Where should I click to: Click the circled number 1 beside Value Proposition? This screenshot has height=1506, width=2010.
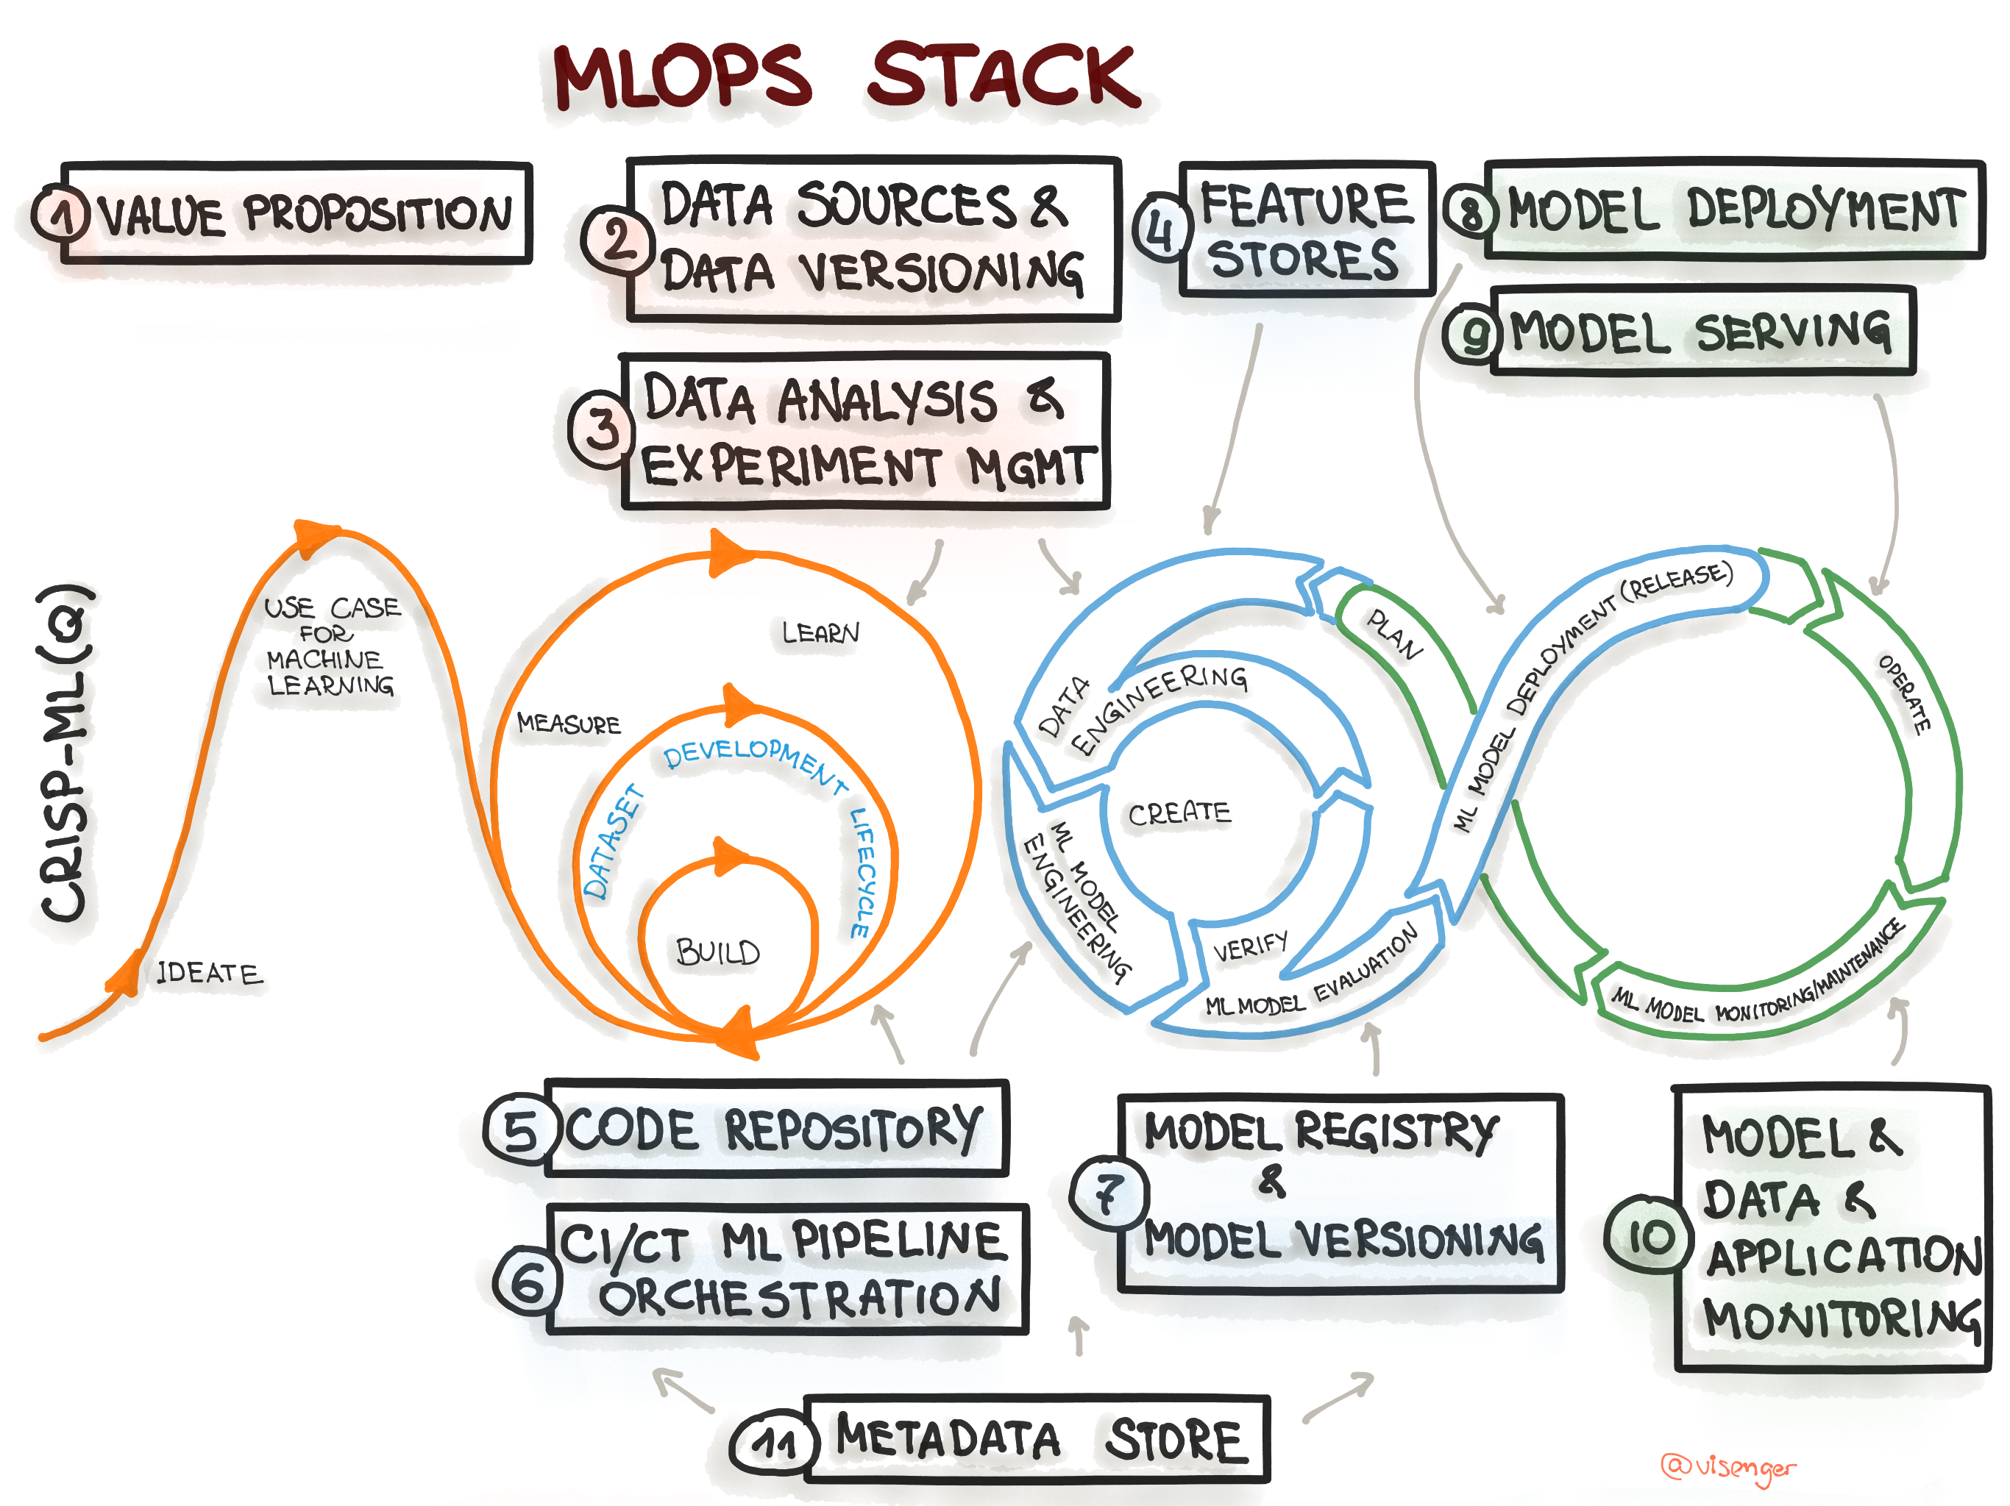[61, 215]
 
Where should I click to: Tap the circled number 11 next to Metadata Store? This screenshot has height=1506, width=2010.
[775, 1443]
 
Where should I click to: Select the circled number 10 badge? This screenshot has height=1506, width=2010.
[1648, 1236]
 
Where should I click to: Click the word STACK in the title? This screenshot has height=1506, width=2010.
[1004, 76]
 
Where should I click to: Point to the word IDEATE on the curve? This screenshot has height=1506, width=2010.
[209, 973]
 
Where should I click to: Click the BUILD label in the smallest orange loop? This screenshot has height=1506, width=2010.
[718, 952]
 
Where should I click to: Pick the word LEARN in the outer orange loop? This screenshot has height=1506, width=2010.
[820, 632]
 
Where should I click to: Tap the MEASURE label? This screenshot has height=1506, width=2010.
[569, 724]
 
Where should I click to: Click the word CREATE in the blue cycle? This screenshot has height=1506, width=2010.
[1179, 813]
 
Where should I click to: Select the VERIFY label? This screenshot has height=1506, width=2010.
[1250, 946]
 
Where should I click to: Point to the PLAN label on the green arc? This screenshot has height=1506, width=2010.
[1395, 634]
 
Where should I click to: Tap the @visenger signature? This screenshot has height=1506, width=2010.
[1727, 1467]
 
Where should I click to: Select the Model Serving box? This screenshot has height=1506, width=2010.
[1701, 331]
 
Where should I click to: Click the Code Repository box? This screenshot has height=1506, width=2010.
[775, 1129]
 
